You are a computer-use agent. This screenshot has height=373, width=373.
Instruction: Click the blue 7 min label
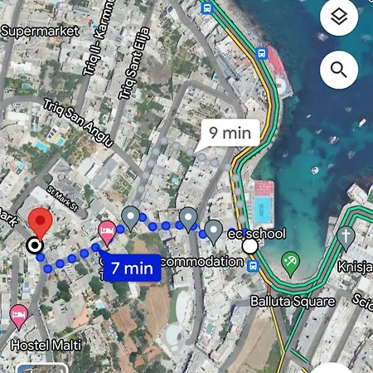pyautogui.click(x=131, y=267)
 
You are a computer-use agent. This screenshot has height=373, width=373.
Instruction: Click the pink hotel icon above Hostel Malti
pyautogui.click(x=18, y=315)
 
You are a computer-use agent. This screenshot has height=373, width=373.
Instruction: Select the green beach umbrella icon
pyautogui.click(x=290, y=264)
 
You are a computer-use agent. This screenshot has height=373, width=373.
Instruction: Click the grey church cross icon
pyautogui.click(x=346, y=235)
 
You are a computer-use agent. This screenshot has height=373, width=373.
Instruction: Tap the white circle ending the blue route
pyautogui.click(x=249, y=246)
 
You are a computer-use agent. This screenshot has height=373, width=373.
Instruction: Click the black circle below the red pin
pyautogui.click(x=34, y=245)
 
